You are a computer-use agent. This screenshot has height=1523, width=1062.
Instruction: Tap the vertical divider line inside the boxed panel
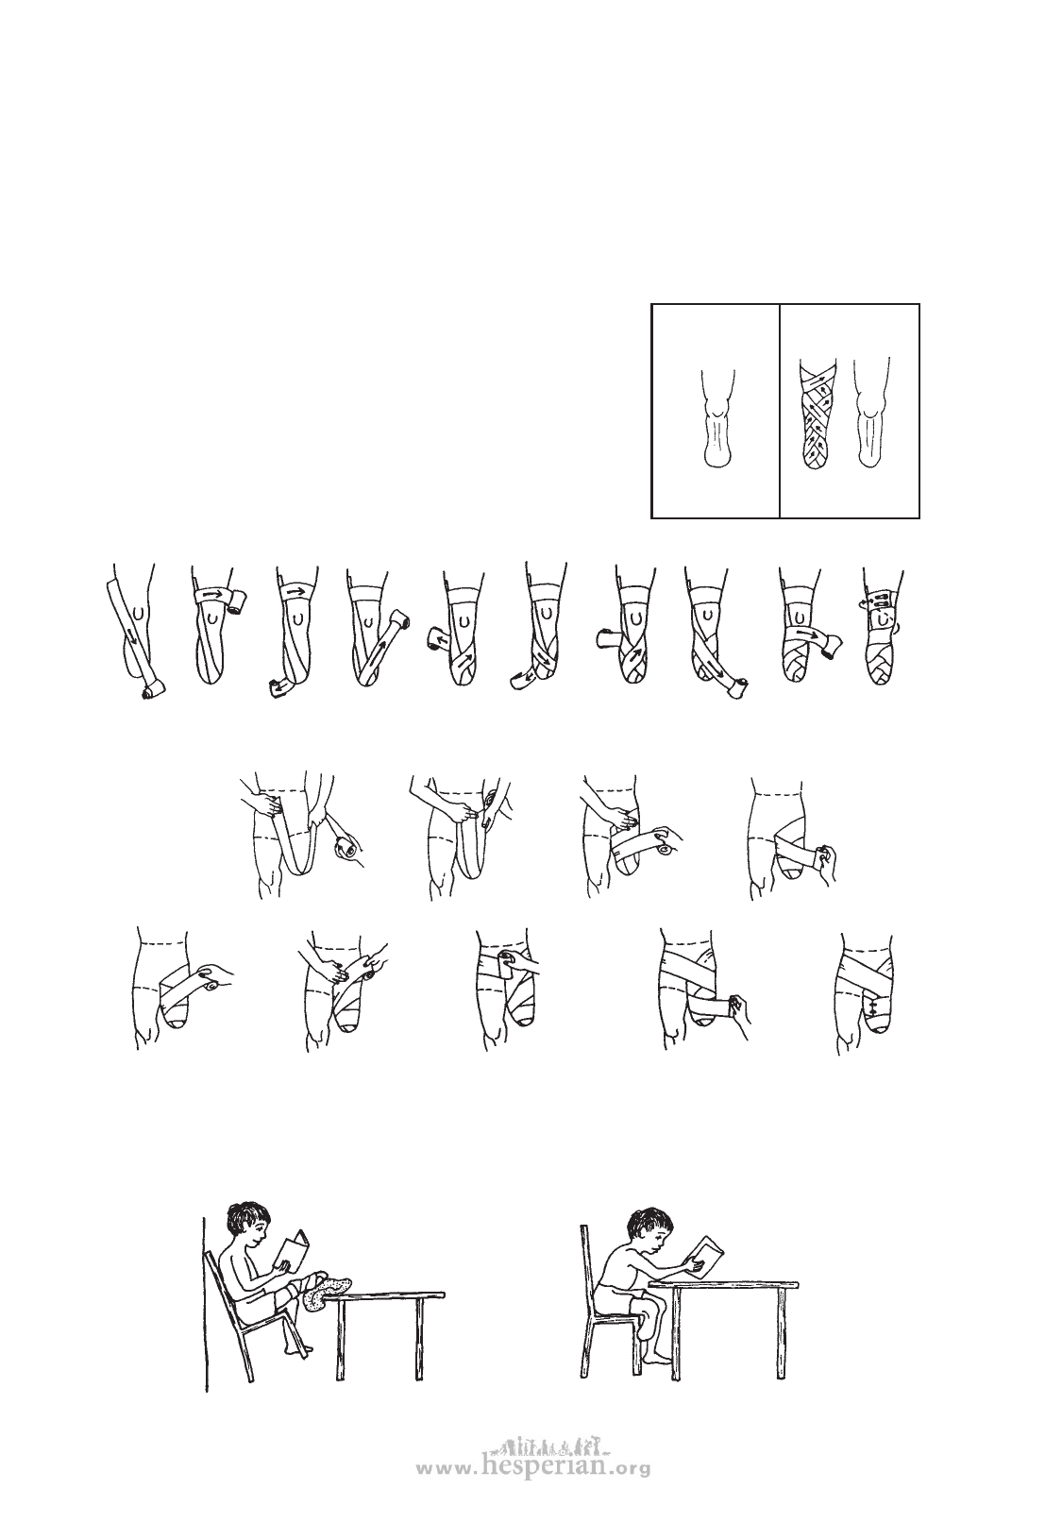pyautogui.click(x=779, y=411)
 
